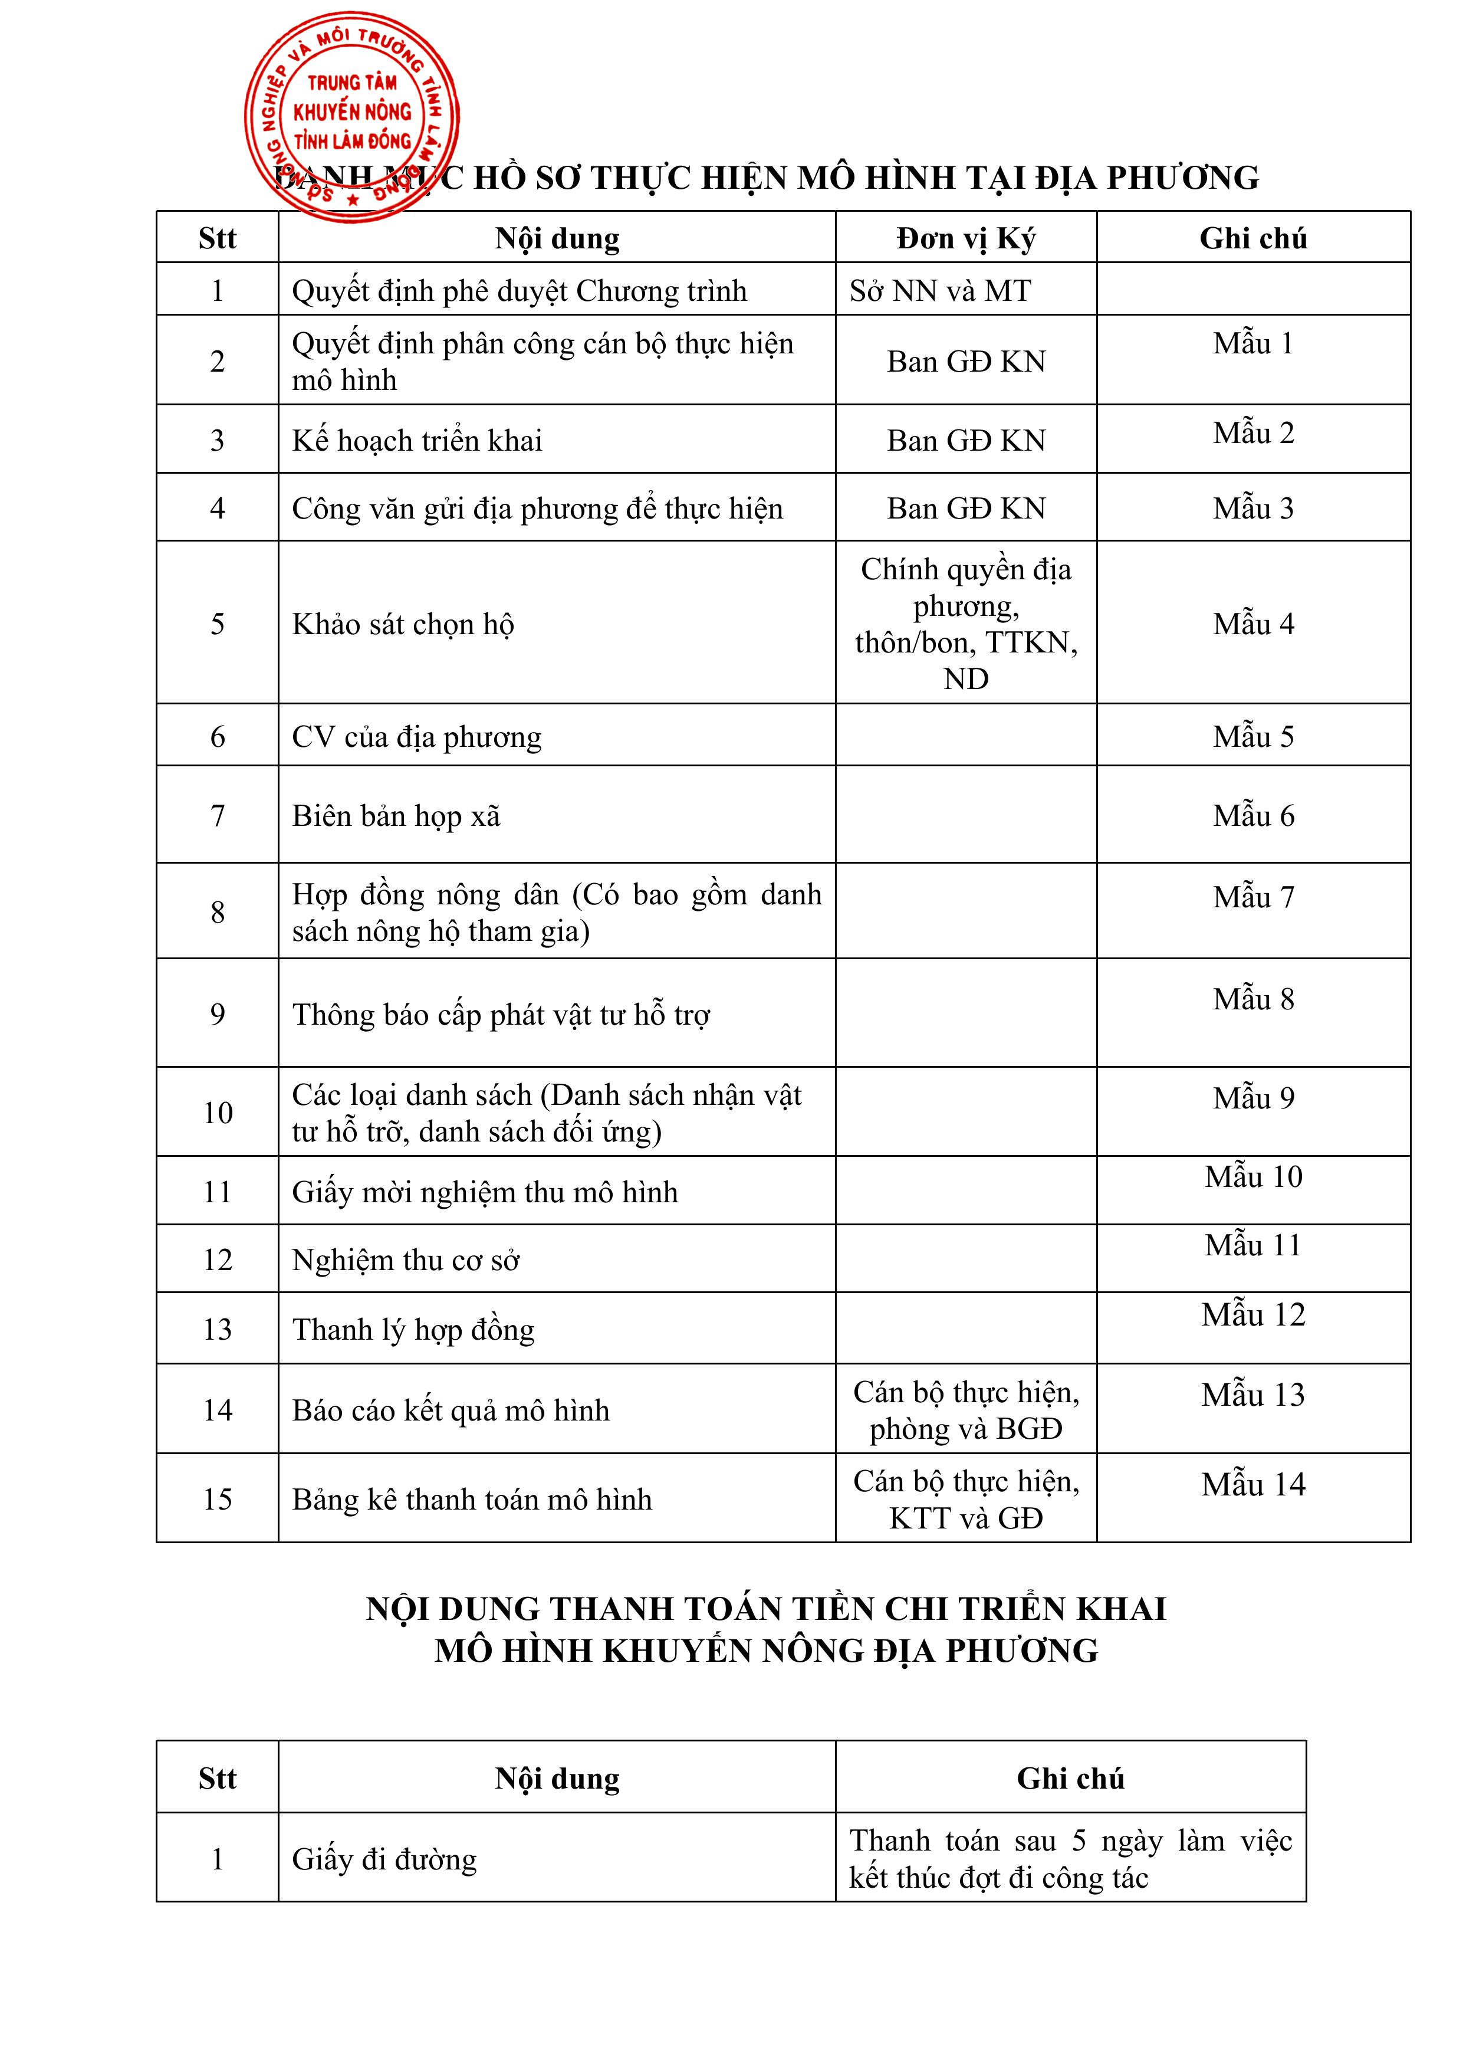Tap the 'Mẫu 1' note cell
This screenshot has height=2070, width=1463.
(x=1253, y=343)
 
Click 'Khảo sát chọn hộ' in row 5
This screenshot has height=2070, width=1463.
(x=403, y=624)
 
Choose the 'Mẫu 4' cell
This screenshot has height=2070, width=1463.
(x=1253, y=624)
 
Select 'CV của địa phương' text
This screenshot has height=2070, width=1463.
(x=416, y=737)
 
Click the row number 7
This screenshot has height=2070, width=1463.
(x=217, y=816)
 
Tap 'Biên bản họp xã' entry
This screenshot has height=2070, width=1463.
(x=396, y=816)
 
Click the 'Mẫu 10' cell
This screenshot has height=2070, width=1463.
(x=1253, y=1176)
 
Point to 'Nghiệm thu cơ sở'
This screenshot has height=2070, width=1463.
(x=406, y=1261)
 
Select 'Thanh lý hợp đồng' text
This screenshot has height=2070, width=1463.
(x=413, y=1330)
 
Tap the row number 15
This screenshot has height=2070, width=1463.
(x=217, y=1500)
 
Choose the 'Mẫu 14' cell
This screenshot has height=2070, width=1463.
(x=1253, y=1485)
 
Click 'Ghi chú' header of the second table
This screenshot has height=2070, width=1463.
(x=1070, y=1778)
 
